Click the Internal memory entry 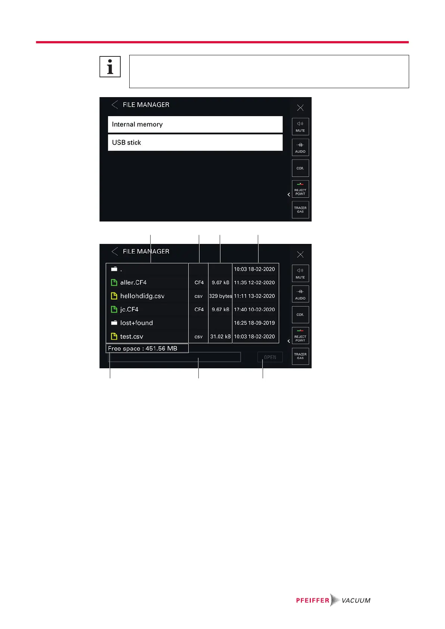(x=195, y=124)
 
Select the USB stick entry (x=195, y=143)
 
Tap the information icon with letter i (x=110, y=67)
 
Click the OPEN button (x=270, y=357)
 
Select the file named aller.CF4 (x=133, y=283)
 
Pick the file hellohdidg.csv (x=142, y=296)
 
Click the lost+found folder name (x=136, y=323)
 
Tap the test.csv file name (x=132, y=337)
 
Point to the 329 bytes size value (x=220, y=296)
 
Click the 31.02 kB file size (x=220, y=337)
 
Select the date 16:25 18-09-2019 (x=254, y=323)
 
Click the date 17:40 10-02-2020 (x=254, y=310)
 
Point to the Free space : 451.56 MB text (x=143, y=348)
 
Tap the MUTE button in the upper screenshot (x=300, y=127)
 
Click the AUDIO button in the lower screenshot (x=300, y=294)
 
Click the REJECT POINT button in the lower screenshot (x=300, y=335)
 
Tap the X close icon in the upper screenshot (x=300, y=108)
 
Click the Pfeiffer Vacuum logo (x=333, y=600)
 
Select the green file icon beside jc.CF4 (x=114, y=310)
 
